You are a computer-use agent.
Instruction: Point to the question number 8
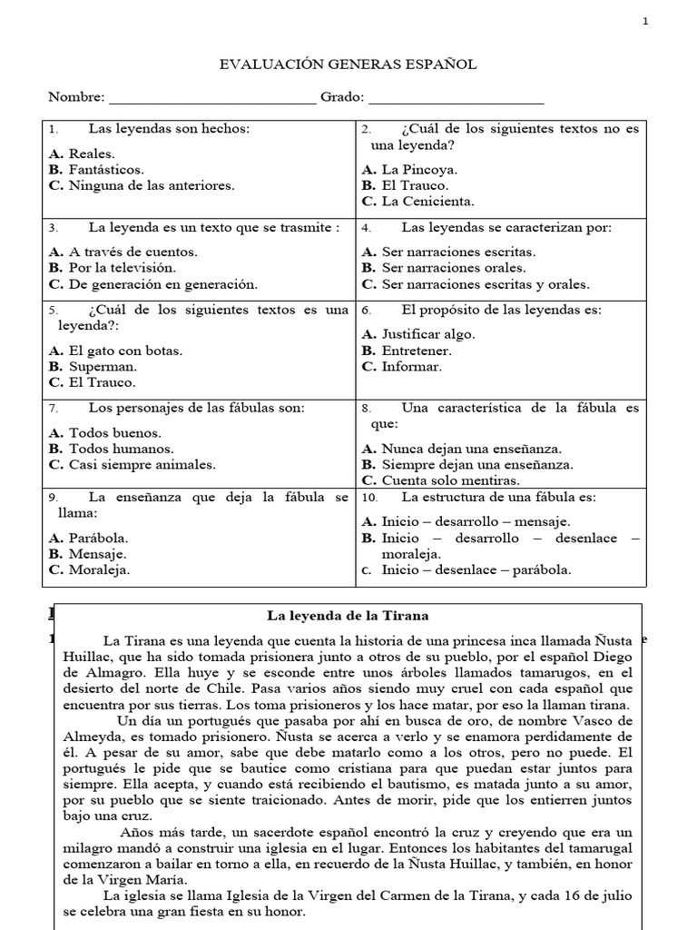366,409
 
